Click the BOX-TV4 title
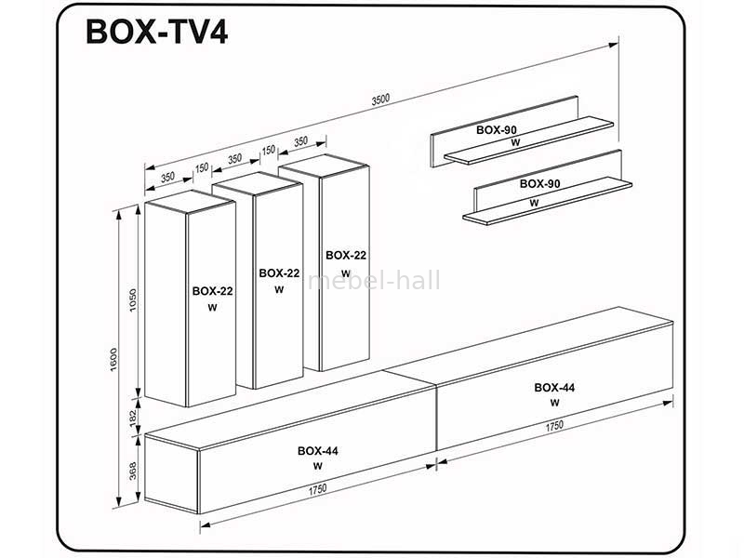pos(156,33)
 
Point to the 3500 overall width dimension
pos(380,99)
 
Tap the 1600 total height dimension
pos(113,359)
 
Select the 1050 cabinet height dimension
pos(133,299)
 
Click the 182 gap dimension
pos(133,418)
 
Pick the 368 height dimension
pos(133,471)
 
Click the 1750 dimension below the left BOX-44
pos(317,489)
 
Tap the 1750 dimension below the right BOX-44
pos(554,426)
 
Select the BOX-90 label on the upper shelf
pos(497,129)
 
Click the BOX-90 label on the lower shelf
pos(540,183)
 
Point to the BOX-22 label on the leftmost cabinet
pos(213,291)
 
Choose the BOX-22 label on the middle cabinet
pos(279,273)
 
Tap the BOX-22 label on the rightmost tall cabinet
pos(346,255)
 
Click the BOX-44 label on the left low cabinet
pos(318,451)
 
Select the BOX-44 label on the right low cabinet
pos(554,388)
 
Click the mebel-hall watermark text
pos(374,280)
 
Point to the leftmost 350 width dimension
pos(167,178)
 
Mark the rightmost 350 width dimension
pos(300,141)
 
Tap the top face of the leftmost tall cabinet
pos(190,201)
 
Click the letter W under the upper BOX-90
pos(516,142)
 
